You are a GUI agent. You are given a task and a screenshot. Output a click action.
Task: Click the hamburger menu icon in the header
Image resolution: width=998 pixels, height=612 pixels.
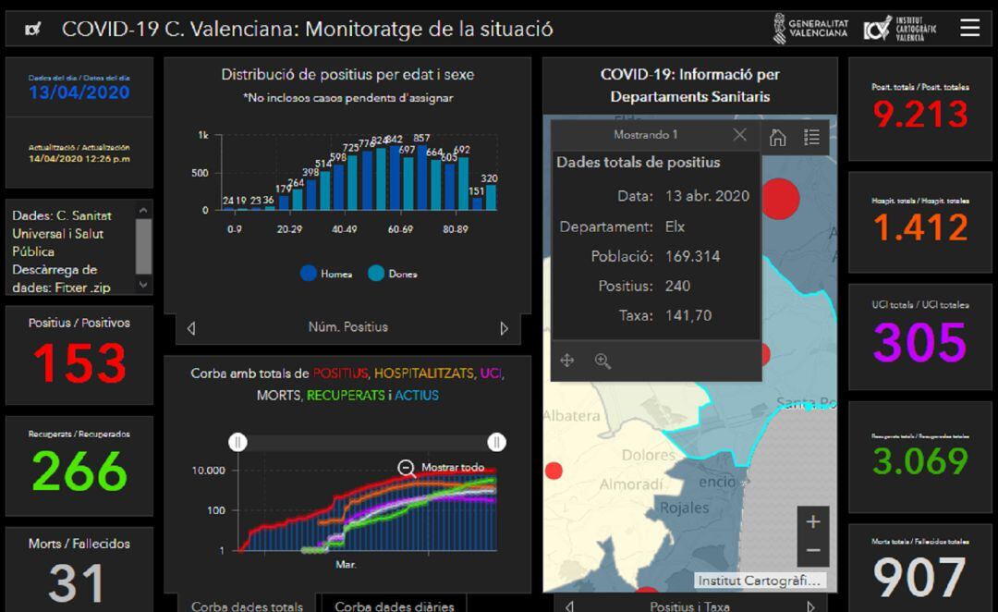tap(969, 28)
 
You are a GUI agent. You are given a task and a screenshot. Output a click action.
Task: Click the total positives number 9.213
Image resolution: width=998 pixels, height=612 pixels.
tap(920, 115)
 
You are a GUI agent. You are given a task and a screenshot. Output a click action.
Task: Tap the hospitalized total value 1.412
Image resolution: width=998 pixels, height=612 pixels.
tap(920, 227)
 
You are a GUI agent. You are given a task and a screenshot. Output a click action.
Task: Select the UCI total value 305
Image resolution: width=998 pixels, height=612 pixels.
tap(920, 342)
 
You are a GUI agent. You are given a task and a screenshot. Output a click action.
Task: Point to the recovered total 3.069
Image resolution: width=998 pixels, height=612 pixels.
tap(920, 460)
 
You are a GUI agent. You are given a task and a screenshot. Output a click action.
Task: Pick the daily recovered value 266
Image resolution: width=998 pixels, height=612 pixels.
tap(79, 471)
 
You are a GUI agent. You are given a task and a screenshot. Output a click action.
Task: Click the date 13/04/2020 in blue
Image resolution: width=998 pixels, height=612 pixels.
tap(79, 92)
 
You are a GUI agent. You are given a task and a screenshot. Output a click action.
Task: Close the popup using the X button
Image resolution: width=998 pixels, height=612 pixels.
tap(739, 135)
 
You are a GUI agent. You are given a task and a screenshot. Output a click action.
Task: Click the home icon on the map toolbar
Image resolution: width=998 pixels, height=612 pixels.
tap(778, 137)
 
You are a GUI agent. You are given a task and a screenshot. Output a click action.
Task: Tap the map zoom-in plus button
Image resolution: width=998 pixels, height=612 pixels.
tap(812, 521)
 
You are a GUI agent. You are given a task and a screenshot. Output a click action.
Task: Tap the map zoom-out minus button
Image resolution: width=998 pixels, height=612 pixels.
tap(812, 550)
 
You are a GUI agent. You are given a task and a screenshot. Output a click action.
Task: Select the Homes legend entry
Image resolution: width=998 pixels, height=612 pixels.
tap(328, 274)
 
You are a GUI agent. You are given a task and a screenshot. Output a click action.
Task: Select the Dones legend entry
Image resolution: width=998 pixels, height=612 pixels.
tap(394, 274)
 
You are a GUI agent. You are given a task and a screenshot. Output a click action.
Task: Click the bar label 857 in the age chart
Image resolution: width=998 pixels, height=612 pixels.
tap(421, 139)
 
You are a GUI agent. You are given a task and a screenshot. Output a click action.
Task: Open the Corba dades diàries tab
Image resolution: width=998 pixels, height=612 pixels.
tap(395, 606)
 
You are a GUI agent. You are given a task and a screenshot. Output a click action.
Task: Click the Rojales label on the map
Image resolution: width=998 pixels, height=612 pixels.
tap(684, 507)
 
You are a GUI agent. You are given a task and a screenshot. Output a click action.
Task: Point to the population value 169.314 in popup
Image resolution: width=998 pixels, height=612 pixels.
tap(692, 256)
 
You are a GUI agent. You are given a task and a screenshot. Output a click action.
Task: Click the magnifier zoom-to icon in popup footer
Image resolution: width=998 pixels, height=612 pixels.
tap(602, 361)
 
